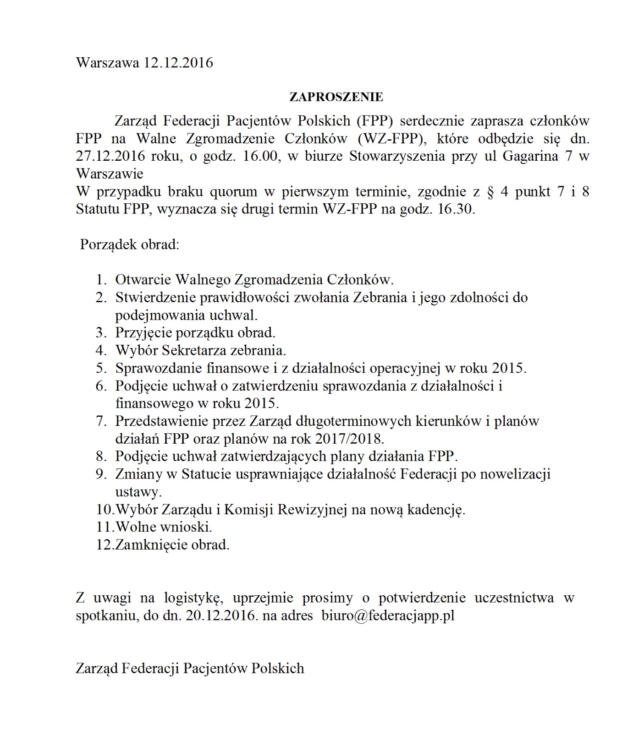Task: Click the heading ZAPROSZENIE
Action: [336, 97]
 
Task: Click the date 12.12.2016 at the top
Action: [178, 63]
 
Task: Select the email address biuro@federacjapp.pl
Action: [388, 615]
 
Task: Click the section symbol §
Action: [490, 191]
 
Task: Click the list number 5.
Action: [101, 368]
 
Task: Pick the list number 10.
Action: [105, 509]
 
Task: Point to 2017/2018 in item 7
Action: [349, 439]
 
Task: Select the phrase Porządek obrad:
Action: [129, 244]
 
